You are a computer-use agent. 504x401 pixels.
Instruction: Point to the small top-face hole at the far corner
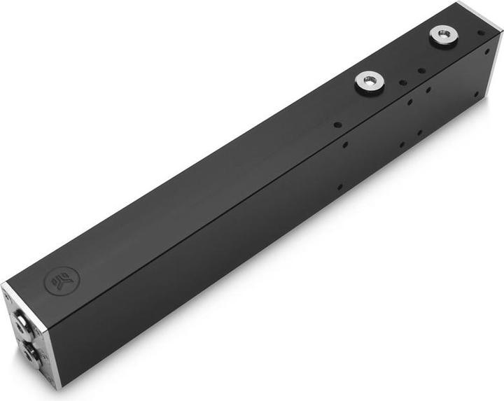click(480, 32)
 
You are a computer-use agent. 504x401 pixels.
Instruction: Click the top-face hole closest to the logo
click(337, 125)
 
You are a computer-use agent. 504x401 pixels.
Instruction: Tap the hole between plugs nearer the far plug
click(421, 70)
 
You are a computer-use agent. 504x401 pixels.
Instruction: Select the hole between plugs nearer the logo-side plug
click(402, 83)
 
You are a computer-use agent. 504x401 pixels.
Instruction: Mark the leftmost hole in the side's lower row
click(339, 188)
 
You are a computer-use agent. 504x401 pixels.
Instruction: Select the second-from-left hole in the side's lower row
click(402, 145)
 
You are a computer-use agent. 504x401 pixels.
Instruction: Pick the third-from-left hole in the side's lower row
click(419, 133)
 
